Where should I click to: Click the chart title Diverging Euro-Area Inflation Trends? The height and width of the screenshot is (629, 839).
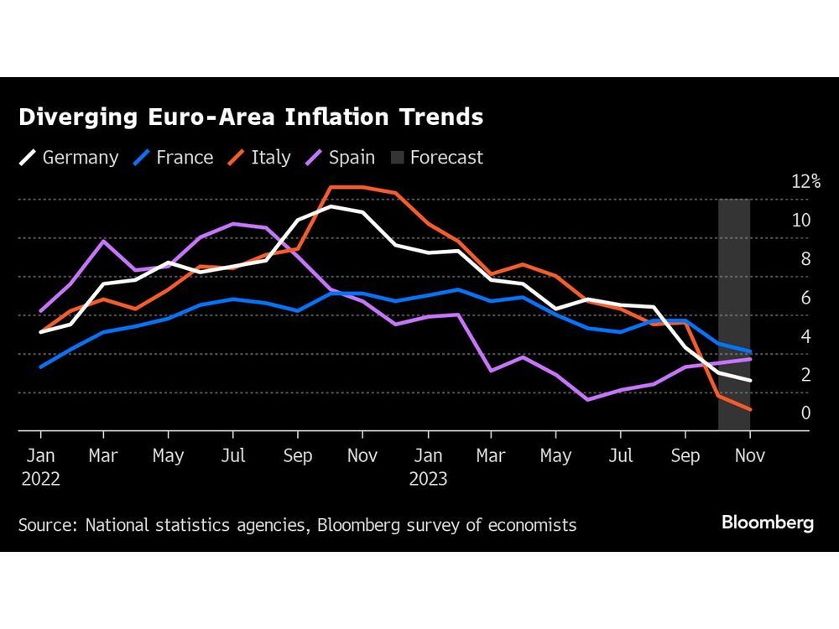pos(251,117)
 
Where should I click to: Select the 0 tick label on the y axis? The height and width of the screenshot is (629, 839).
pos(805,413)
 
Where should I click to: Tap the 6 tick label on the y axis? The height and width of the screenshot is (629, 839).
pos(805,298)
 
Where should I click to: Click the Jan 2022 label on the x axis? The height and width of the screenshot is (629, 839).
pos(39,466)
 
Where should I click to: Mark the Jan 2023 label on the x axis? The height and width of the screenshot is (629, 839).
pos(428,466)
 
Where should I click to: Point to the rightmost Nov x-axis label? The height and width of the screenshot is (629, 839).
pos(749,456)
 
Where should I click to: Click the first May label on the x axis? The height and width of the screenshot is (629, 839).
pos(169,456)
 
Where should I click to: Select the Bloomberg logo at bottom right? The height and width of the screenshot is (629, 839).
pos(768,523)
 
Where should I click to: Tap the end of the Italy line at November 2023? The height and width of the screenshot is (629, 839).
pos(749,409)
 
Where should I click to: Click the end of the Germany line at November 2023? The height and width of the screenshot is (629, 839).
pos(749,381)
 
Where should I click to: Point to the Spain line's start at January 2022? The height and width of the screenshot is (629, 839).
pos(40,311)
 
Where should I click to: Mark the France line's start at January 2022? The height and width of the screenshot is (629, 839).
pos(40,366)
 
